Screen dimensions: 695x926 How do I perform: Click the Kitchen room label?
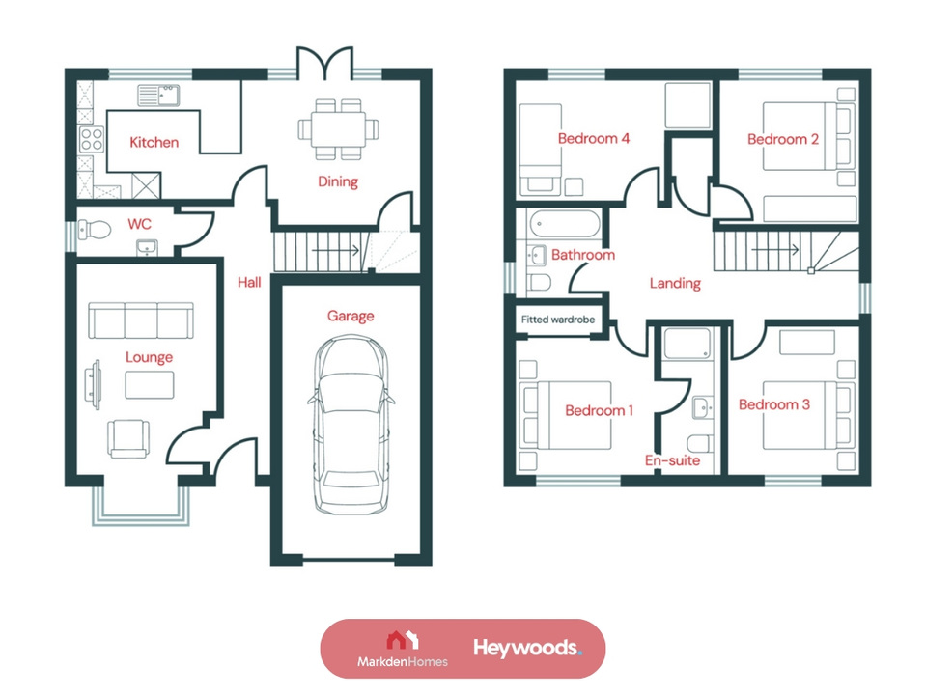[154, 143]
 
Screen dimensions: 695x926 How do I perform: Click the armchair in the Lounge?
[129, 438]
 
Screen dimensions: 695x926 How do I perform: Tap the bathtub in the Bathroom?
[564, 226]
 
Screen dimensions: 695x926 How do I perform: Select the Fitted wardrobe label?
[559, 320]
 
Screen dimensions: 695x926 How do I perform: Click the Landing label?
[675, 284]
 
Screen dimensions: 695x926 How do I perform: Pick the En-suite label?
[672, 461]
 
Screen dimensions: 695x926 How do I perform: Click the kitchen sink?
[159, 95]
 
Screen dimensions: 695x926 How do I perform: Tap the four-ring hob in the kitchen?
[92, 139]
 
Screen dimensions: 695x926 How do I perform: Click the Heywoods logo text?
[526, 648]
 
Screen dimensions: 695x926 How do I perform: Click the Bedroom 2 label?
[783, 140]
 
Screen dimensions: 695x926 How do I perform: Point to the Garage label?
[350, 316]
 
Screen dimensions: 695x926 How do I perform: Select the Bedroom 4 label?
[594, 139]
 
